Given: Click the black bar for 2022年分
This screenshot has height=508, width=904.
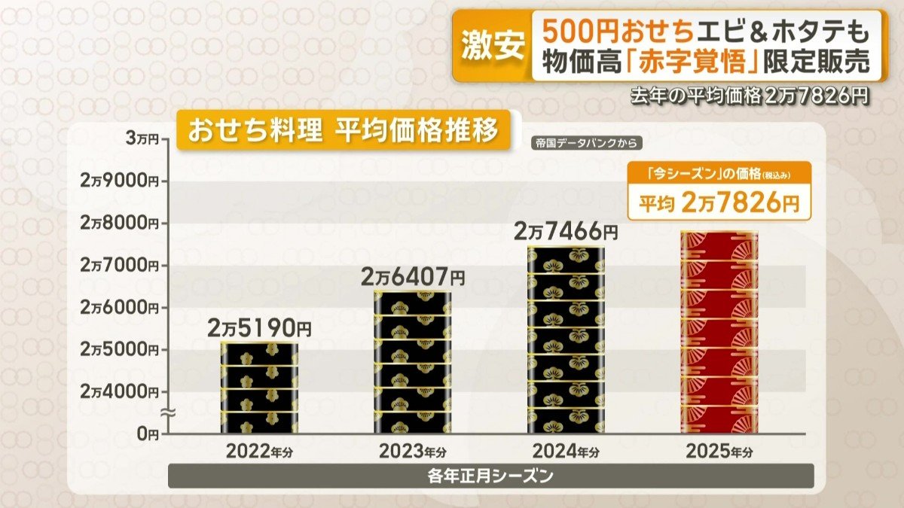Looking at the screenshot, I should point(259,388).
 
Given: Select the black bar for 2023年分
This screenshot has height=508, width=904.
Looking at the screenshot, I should point(413,362).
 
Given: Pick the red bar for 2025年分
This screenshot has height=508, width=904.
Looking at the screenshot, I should point(719,332).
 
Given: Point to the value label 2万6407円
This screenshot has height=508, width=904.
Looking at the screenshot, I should point(413,277).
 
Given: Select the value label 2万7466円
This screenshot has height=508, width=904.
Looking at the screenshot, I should point(567,231).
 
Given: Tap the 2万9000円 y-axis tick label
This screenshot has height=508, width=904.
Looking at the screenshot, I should point(121,181).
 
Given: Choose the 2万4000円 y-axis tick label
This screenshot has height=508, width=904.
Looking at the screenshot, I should point(121,391).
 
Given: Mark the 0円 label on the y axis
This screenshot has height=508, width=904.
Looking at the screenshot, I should point(148,433).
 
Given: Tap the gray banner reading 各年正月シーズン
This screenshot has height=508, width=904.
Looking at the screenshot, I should point(490,476).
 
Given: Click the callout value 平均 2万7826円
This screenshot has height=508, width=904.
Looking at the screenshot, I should point(719,203).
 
